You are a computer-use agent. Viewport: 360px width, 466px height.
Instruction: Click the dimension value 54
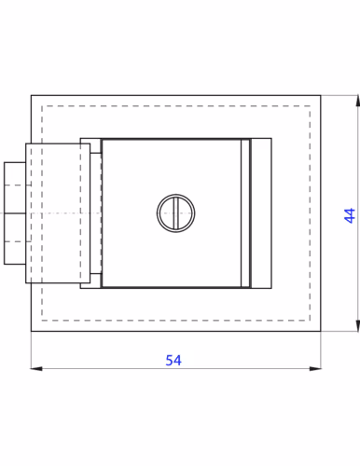173,360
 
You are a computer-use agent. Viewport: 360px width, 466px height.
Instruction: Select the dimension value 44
350,215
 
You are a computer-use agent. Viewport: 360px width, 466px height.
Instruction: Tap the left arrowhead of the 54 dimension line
36,369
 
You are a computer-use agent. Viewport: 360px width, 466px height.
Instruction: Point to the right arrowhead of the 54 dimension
315,369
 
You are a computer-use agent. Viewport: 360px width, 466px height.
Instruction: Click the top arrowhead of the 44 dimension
358,102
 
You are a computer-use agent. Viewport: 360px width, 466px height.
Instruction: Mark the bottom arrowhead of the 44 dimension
358,325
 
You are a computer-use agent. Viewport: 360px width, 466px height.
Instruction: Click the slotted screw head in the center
176,213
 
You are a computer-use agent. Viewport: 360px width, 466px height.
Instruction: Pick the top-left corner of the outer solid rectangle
31,96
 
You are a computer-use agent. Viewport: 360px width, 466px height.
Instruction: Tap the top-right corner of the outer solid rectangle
321,96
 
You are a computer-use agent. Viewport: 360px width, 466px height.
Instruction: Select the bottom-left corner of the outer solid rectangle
31,331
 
